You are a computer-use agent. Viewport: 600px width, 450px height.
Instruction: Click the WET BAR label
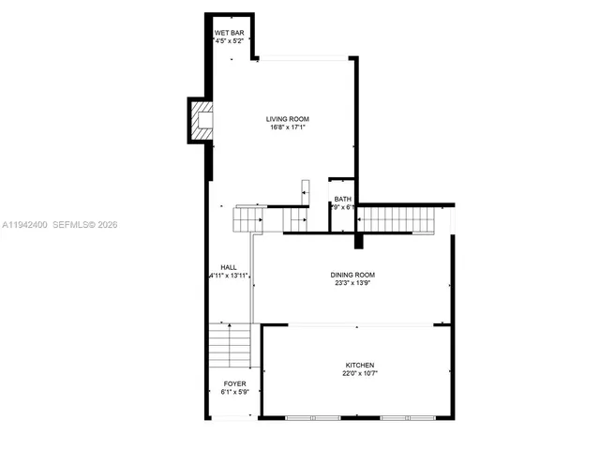(230, 33)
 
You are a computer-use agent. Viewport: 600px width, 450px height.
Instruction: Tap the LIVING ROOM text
(287, 119)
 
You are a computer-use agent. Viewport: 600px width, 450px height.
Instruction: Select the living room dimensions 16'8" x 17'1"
(287, 128)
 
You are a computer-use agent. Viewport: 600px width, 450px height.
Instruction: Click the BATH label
(342, 199)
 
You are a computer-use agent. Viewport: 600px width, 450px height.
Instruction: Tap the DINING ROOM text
(352, 275)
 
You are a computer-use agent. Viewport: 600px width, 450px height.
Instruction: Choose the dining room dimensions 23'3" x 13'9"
(352, 284)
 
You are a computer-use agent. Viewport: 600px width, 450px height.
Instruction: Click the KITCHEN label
(359, 365)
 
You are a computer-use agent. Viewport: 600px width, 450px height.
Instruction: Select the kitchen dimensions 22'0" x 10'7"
(359, 374)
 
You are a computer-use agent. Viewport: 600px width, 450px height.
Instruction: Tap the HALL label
(229, 266)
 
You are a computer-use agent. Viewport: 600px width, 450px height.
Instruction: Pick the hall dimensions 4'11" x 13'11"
(229, 276)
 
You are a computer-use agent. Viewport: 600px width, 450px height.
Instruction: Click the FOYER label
(233, 383)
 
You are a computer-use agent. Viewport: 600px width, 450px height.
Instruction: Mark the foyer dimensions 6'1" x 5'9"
(233, 393)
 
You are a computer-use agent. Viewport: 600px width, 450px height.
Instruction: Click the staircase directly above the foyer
(230, 345)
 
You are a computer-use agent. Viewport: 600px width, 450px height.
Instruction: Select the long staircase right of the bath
(397, 219)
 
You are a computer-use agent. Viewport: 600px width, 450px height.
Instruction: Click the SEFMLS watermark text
(82, 225)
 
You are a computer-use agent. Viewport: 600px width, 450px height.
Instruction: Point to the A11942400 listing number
(23, 225)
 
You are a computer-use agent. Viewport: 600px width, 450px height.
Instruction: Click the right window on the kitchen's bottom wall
(405, 416)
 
